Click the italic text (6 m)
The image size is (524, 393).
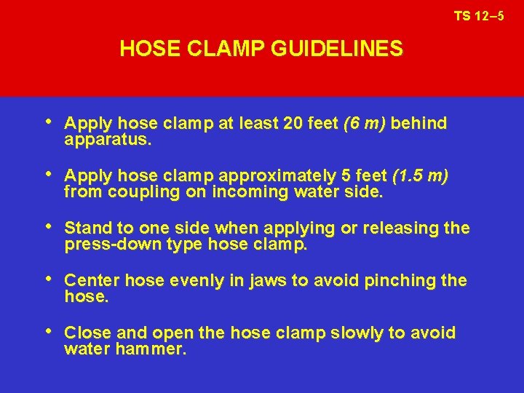point(365,124)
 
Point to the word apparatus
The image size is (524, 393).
point(108,139)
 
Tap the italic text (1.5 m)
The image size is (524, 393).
point(421,176)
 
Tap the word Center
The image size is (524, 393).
point(90,281)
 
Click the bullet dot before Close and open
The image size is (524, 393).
point(49,333)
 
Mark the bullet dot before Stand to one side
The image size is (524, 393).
point(49,228)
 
